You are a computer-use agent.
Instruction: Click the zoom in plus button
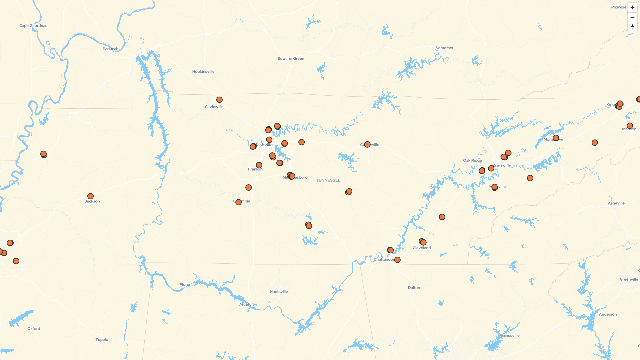(632, 8)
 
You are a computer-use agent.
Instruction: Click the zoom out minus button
(632, 17)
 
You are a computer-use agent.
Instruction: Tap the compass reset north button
(632, 27)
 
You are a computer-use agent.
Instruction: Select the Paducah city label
(110, 49)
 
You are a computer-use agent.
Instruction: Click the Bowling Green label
(291, 59)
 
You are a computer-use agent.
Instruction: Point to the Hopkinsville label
(203, 72)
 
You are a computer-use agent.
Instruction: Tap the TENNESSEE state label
(328, 180)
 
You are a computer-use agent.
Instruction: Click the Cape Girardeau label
(33, 26)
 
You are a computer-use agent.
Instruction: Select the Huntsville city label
(279, 292)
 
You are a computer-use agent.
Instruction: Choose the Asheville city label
(616, 203)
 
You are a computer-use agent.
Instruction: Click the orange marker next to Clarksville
(219, 100)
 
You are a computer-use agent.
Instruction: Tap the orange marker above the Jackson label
(90, 196)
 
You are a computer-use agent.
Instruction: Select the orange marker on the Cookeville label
(367, 145)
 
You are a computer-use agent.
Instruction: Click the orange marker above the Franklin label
(259, 165)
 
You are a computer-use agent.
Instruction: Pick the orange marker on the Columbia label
(238, 202)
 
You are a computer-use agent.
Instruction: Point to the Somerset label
(444, 48)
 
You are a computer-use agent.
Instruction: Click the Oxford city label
(34, 329)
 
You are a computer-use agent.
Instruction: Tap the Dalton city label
(414, 288)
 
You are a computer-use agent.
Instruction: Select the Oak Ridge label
(472, 161)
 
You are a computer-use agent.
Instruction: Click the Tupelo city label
(102, 340)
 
